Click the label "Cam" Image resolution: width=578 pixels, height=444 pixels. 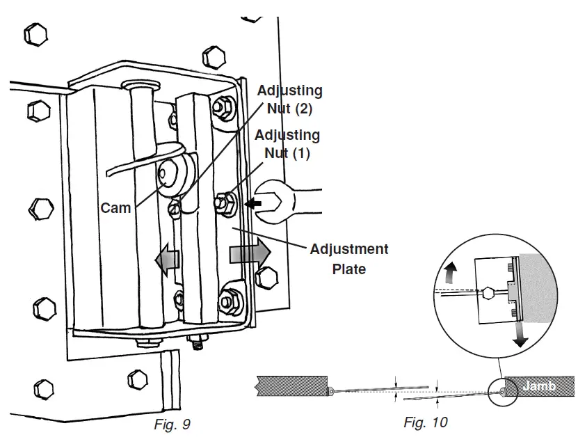point(115,207)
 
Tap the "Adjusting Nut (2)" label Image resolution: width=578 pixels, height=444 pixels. point(289,99)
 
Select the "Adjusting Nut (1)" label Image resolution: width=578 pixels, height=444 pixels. point(287,143)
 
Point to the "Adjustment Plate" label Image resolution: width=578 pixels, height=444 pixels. point(349,258)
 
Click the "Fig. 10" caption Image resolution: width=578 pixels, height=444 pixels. point(426,422)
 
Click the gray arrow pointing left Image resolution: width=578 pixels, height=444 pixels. point(168,259)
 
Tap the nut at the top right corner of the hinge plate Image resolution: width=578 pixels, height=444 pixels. point(225,106)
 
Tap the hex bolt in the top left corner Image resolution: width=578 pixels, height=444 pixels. point(37,33)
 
